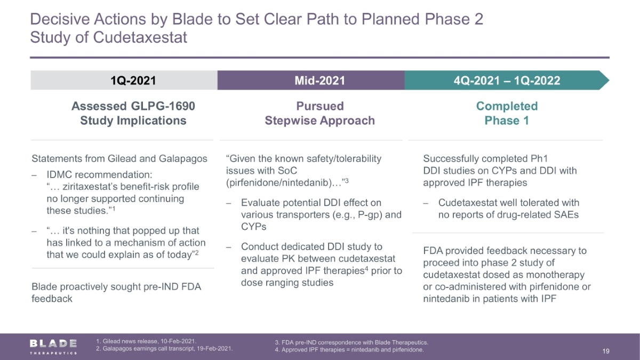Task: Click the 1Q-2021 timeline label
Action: tap(133, 81)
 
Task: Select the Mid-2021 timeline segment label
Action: tap(319, 81)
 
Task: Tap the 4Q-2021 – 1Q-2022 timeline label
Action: tap(507, 81)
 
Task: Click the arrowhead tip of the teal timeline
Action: tap(609, 81)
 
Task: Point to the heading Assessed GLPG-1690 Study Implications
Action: tap(133, 113)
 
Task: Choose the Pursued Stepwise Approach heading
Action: tap(319, 113)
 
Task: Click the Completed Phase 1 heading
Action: tap(507, 113)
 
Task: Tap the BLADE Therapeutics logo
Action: tap(53, 347)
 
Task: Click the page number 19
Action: tap(606, 351)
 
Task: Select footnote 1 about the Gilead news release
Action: tap(146, 341)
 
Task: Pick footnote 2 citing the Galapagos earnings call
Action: tap(164, 349)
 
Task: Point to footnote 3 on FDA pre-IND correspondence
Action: tap(351, 342)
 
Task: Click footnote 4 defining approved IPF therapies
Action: tap(349, 350)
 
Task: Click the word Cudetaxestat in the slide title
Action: tap(140, 37)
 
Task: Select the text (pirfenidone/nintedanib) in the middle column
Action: tap(279, 182)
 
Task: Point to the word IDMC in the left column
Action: tap(59, 174)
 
